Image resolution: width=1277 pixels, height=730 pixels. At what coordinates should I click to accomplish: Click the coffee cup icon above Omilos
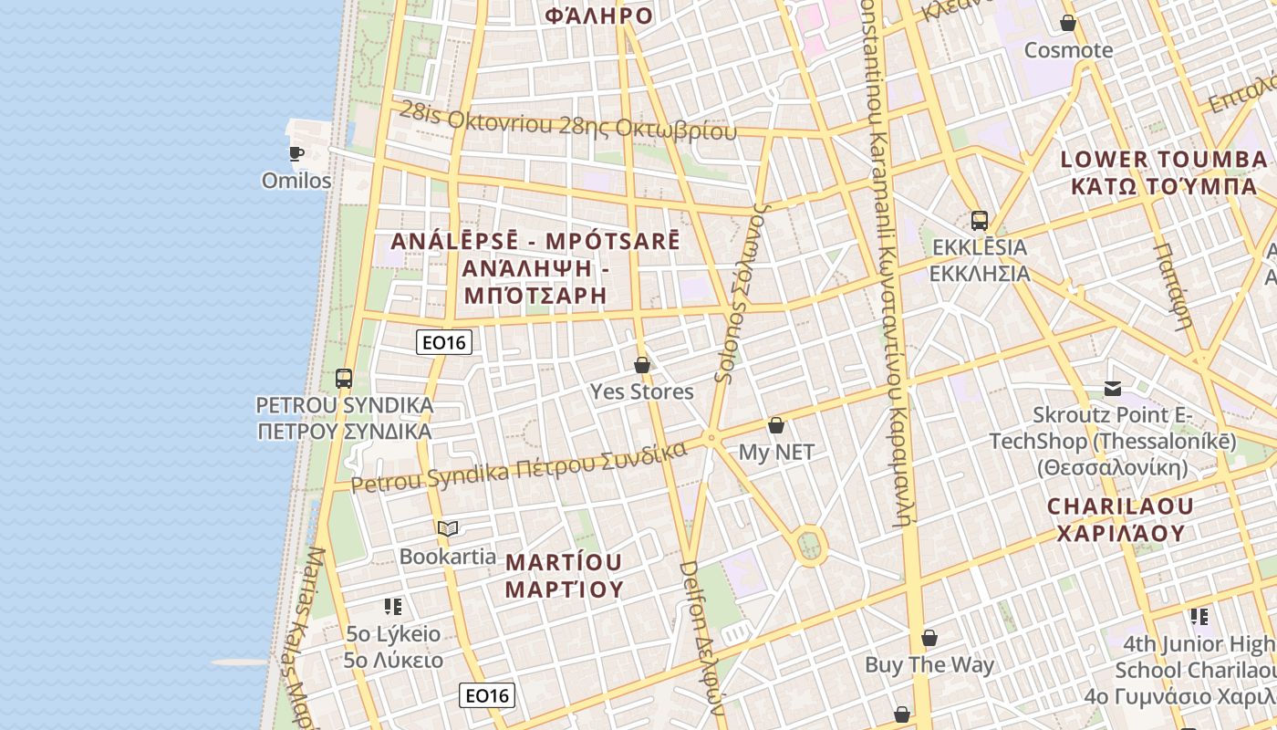[296, 152]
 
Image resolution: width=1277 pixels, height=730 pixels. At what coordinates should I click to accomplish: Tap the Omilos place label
[296, 181]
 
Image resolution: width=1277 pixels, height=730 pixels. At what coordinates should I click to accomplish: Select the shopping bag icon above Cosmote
[1068, 23]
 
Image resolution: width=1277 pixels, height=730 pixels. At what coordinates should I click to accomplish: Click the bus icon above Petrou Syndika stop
[344, 378]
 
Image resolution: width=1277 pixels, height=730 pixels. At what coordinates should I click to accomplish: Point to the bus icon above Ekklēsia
[979, 221]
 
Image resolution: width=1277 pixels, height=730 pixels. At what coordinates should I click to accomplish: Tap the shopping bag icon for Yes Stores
[642, 365]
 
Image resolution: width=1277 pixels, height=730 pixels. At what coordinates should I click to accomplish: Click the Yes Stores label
[642, 392]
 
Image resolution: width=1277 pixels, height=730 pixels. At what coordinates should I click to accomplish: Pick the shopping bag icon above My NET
[776, 425]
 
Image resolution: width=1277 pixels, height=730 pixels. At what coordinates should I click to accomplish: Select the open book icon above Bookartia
[448, 529]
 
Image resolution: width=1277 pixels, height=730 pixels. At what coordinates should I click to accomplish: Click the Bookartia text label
[448, 557]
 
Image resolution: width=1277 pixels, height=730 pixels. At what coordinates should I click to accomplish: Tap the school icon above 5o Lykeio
[393, 607]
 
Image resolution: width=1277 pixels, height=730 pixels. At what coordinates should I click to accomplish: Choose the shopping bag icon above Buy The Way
[929, 638]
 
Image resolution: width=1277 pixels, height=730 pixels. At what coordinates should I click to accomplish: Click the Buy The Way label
[929, 665]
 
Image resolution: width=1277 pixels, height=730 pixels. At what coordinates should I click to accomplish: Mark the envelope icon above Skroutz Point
[1113, 390]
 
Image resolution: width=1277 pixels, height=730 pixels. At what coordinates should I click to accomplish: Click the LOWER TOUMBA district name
[1163, 160]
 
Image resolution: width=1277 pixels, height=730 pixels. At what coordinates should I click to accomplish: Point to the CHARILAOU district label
[1120, 506]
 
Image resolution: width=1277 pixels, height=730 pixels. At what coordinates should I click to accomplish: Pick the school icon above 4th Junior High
[1199, 617]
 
